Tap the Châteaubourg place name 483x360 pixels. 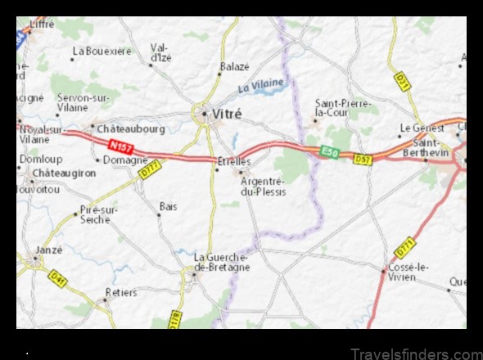(x=130, y=128)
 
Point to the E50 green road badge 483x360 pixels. (x=329, y=152)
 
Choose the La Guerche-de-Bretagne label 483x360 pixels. (x=221, y=261)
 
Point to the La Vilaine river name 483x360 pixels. (x=261, y=85)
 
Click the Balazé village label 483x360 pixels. (x=233, y=66)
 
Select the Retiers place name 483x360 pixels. (x=121, y=291)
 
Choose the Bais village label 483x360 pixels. (x=168, y=207)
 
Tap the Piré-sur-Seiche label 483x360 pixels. (x=100, y=215)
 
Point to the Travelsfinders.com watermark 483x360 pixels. (x=417, y=353)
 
